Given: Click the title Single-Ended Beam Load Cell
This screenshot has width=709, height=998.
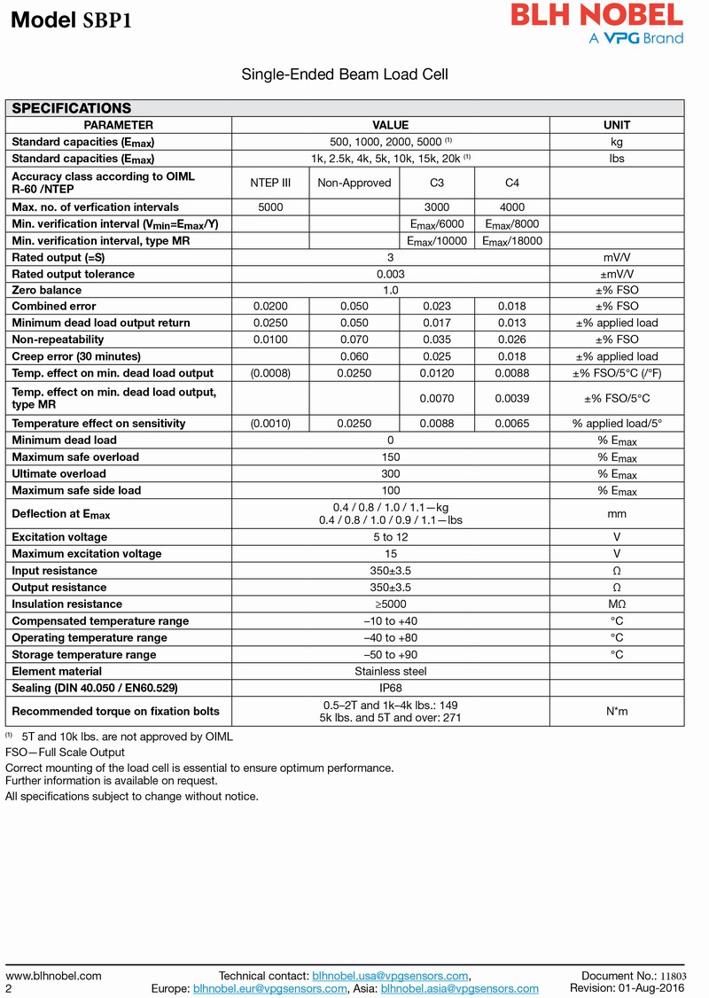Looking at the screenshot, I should (x=345, y=74).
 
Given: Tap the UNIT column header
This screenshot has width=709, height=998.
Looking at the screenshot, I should (x=616, y=125).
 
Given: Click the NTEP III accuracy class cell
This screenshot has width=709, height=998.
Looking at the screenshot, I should (x=270, y=183).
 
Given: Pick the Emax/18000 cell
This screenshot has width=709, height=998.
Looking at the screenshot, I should (x=511, y=241).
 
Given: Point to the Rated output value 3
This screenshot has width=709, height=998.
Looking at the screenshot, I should (x=390, y=257).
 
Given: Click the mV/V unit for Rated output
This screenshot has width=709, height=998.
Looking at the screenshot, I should (x=616, y=257).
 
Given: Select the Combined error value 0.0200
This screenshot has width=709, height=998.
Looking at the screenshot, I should (x=270, y=307).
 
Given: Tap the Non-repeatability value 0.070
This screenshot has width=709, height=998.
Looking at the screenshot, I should (x=354, y=339).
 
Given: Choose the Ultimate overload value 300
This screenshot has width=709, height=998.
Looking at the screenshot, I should (x=390, y=474).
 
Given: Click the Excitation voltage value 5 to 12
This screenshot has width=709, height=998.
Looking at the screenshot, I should (x=390, y=537).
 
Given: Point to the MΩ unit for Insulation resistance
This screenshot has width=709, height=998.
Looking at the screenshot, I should (x=616, y=604).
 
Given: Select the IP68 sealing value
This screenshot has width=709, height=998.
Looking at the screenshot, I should (x=390, y=688).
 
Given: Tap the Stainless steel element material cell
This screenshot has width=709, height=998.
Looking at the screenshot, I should (x=390, y=671).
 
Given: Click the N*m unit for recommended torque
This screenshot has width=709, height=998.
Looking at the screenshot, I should (x=616, y=711).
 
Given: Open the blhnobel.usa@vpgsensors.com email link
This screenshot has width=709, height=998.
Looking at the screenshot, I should (x=390, y=976).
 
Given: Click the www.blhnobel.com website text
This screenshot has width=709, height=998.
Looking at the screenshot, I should (x=54, y=976).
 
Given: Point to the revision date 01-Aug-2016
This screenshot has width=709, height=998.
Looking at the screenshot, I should (x=657, y=988).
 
